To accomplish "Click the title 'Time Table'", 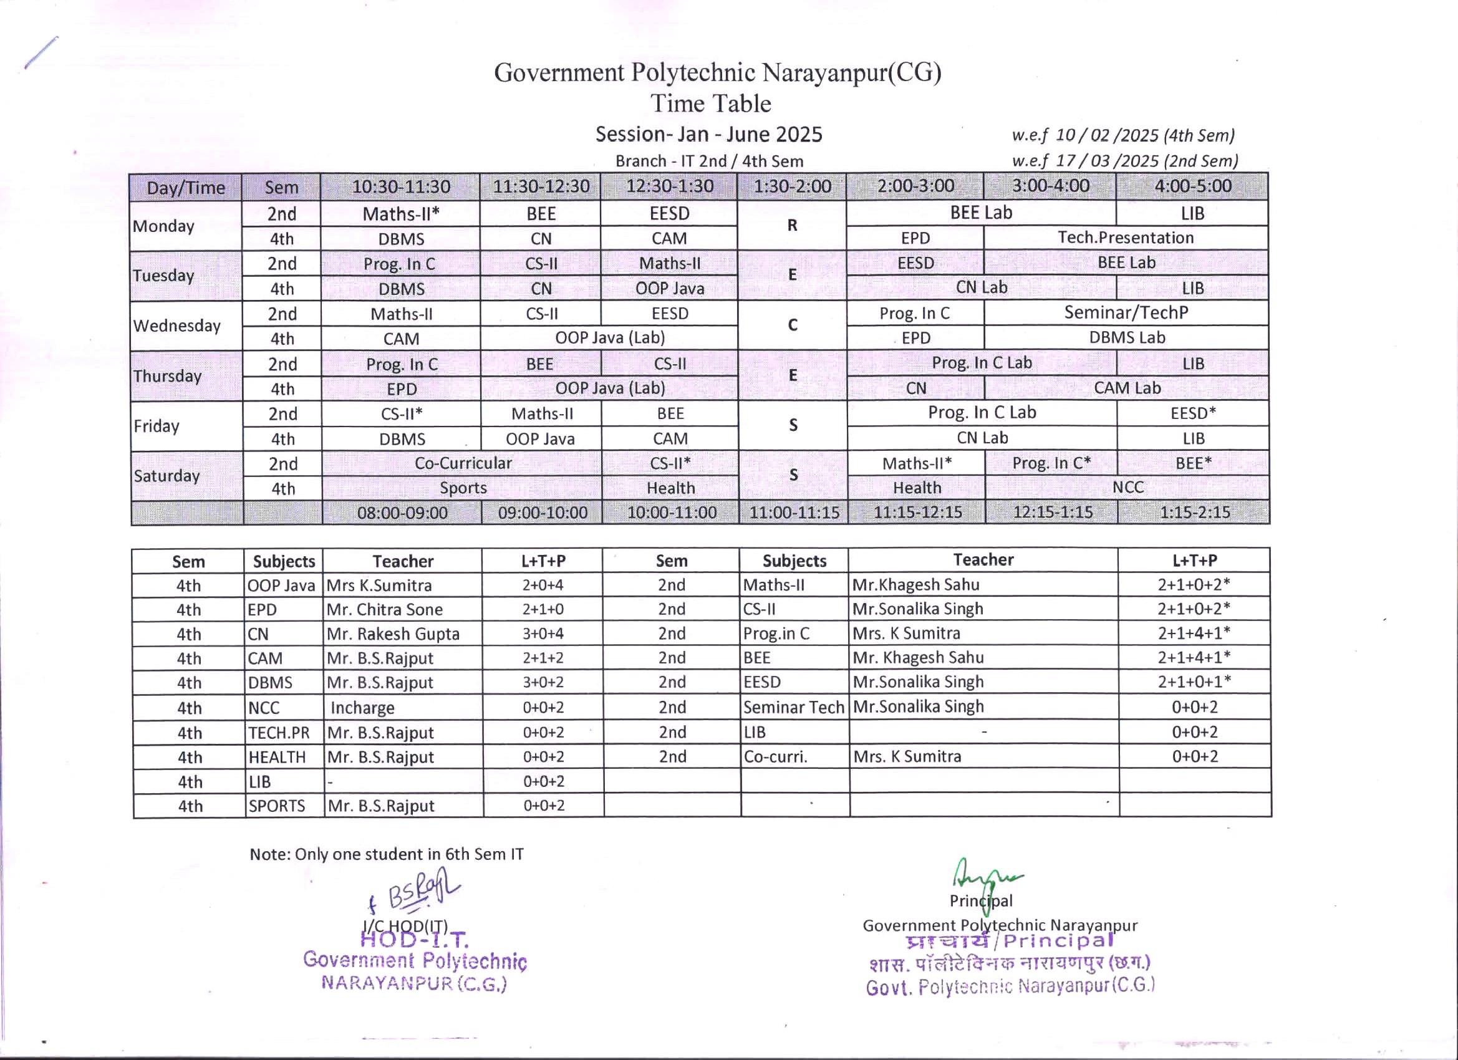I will [710, 104].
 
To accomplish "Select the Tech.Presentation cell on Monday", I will [1126, 238].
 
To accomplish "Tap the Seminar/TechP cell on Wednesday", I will [1126, 312].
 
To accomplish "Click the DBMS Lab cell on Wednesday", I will [1126, 337].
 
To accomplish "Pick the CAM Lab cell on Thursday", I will [1127, 388].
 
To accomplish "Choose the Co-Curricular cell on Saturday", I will [463, 463].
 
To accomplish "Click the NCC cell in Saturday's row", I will [1127, 487].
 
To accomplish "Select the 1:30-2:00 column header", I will [792, 186].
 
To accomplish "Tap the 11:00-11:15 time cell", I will [794, 513].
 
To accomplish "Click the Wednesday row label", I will [176, 325].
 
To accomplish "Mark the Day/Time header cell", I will [186, 188].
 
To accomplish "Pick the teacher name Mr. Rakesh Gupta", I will [393, 634].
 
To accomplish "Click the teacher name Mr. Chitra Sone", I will [384, 609].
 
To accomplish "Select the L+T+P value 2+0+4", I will [543, 585].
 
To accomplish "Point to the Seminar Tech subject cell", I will [793, 707].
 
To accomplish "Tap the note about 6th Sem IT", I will [387, 854].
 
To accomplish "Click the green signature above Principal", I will [983, 875].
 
